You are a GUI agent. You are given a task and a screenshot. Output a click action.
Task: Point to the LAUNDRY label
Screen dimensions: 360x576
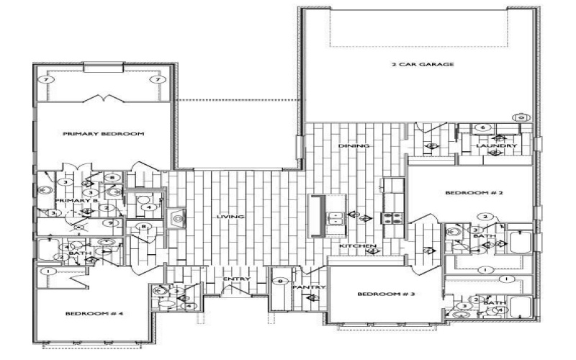click(x=497, y=146)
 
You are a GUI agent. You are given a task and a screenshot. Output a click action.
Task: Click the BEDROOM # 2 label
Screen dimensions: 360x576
click(x=469, y=193)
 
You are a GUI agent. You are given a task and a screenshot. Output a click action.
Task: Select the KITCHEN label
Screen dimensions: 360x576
click(x=359, y=247)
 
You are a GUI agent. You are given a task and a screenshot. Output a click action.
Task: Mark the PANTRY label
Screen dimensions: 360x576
click(x=310, y=287)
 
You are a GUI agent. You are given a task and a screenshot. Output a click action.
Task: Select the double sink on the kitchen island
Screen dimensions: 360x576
click(x=335, y=216)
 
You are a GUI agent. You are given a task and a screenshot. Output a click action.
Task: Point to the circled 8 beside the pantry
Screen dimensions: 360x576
click(x=283, y=281)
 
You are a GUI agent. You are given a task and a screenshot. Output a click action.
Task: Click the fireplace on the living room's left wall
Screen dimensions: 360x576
click(x=177, y=216)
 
